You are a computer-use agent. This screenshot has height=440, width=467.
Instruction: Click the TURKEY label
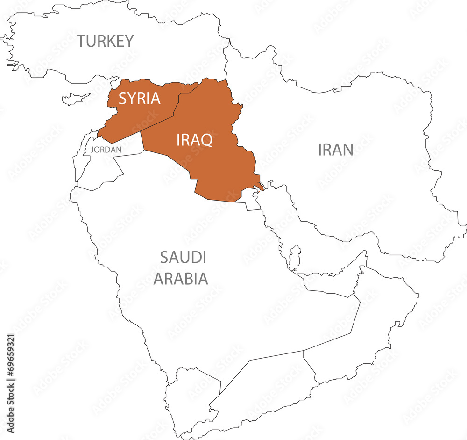(x=106, y=41)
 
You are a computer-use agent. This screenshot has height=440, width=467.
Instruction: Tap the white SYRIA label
(x=139, y=99)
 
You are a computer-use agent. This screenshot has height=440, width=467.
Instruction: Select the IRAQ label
(x=194, y=139)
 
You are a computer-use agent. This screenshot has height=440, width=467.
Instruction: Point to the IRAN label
(x=335, y=150)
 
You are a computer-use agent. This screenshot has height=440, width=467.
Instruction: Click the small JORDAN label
(x=106, y=150)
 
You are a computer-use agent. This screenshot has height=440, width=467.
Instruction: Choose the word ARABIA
(x=181, y=279)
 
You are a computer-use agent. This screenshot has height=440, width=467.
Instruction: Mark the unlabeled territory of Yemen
(x=262, y=393)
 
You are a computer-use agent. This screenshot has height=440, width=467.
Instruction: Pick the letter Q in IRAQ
(x=206, y=139)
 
